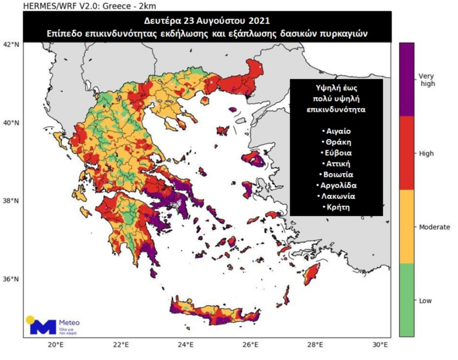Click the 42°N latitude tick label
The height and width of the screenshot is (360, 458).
click(12, 44)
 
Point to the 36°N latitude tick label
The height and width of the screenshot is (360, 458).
click(12, 278)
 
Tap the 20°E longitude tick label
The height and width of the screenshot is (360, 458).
click(56, 344)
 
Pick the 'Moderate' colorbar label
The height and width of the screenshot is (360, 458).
click(434, 227)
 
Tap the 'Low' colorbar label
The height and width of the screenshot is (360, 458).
click(425, 301)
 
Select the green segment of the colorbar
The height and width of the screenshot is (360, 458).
click(406, 300)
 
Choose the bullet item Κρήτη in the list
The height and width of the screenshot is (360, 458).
click(336, 207)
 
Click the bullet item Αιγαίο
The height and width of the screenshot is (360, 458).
click(336, 131)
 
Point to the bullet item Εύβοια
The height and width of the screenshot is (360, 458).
click(336, 153)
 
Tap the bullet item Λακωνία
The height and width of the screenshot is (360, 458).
click(336, 196)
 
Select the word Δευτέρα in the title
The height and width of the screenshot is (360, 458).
click(162, 21)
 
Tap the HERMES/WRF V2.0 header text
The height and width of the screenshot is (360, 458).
click(56, 6)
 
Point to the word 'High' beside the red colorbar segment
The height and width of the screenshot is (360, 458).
click(426, 154)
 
